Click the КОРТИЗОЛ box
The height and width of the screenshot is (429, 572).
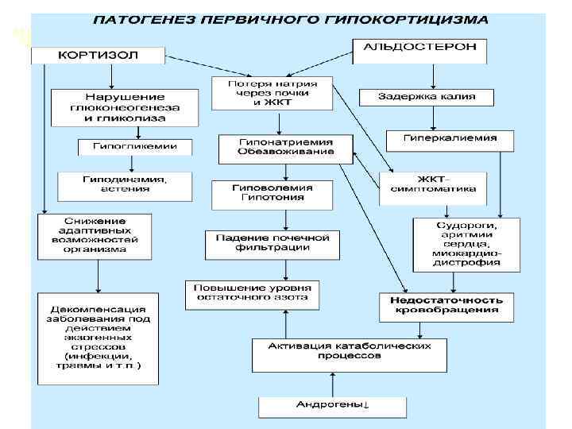[x=98, y=56]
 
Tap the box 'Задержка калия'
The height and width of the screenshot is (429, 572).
[x=427, y=97]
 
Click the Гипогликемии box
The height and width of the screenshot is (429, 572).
[x=134, y=147]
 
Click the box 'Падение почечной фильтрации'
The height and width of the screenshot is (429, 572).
[x=272, y=244]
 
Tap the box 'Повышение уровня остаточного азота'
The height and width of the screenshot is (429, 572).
[x=253, y=293]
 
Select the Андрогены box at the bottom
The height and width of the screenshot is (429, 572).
[x=332, y=406]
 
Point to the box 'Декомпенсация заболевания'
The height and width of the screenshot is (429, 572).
[x=97, y=336]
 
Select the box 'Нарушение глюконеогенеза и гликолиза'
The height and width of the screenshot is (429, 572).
[x=126, y=107]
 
